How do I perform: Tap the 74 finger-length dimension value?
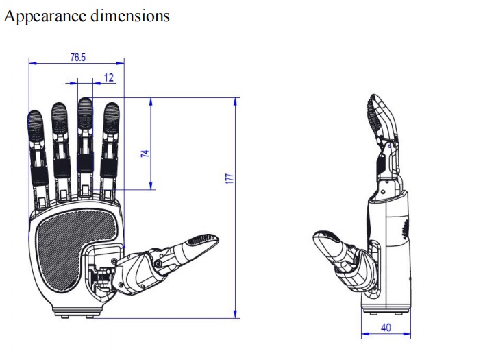[x=145, y=154]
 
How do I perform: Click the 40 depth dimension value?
[x=386, y=328]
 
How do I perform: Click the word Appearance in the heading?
[x=45, y=16]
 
